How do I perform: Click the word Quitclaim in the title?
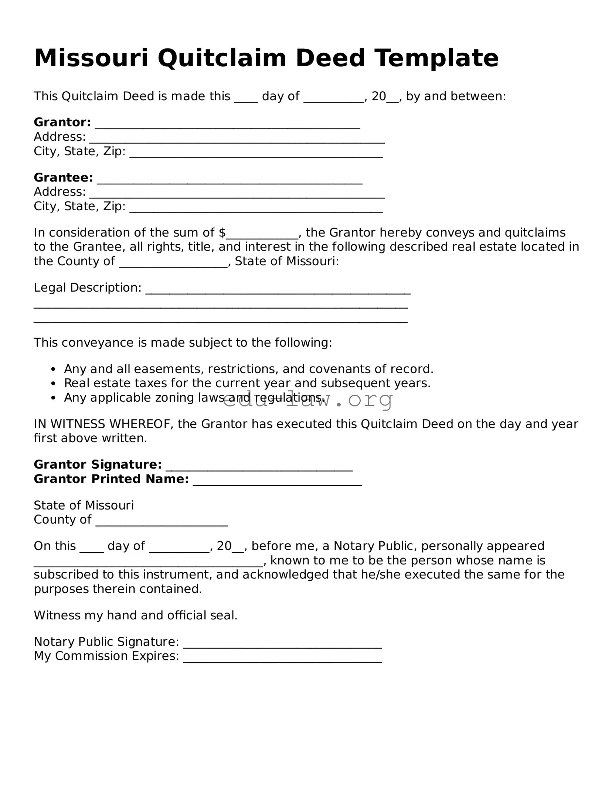click(x=222, y=58)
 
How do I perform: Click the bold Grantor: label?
click(x=62, y=122)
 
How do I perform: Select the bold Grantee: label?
click(x=63, y=177)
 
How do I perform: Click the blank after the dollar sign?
click(x=262, y=235)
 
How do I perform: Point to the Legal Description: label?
click(x=88, y=288)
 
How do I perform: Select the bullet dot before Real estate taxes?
click(x=54, y=384)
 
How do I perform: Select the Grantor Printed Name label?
click(x=111, y=479)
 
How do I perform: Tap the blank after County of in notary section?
click(x=162, y=523)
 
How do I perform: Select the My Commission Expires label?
click(x=106, y=656)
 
